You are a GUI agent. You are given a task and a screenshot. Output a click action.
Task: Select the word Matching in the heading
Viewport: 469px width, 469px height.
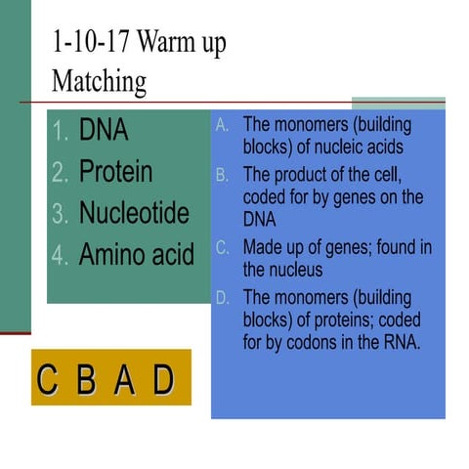click(99, 80)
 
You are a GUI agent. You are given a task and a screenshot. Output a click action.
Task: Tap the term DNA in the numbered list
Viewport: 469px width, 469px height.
click(104, 130)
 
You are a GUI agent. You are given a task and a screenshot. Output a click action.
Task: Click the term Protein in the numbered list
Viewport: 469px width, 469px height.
click(115, 172)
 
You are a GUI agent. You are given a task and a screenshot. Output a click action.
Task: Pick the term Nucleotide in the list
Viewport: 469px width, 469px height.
click(134, 213)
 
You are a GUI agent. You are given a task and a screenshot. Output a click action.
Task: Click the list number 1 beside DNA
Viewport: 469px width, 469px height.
click(60, 131)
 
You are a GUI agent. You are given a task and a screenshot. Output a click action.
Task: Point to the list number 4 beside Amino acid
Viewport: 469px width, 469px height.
click(60, 256)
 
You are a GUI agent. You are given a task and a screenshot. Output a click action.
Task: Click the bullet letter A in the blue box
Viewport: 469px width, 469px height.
click(222, 126)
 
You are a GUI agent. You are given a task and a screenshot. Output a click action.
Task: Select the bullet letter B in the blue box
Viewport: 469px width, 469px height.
click(222, 175)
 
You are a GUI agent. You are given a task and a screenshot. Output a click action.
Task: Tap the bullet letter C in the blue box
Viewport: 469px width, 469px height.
click(222, 248)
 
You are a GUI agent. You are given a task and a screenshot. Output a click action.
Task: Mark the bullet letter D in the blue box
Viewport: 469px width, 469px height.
click(222, 297)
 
